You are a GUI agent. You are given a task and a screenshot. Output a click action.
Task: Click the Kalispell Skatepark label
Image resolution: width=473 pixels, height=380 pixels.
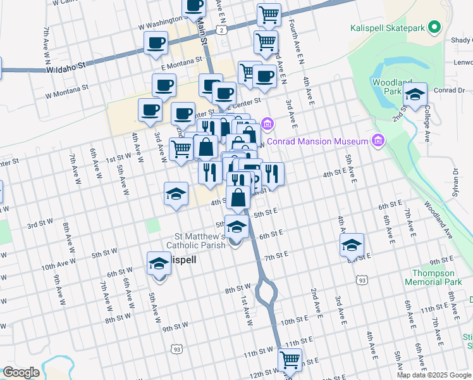tap(388, 28)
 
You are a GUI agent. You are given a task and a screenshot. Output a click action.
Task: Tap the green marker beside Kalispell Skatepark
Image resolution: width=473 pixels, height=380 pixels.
tap(434, 28)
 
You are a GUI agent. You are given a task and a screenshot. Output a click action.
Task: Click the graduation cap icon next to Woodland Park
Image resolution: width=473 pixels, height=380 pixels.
tap(415, 96)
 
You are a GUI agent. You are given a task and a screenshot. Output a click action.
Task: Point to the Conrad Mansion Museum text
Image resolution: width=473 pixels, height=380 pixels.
tap(317, 141)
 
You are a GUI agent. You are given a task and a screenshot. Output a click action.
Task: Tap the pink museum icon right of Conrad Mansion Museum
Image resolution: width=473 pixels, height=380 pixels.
tap(379, 140)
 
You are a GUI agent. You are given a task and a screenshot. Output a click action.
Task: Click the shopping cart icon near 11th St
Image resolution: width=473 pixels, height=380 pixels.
tap(290, 360)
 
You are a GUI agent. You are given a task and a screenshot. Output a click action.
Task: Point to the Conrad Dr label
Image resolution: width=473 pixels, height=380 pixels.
tap(450, 90)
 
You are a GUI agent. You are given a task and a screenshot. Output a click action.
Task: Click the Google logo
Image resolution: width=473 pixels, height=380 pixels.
tap(21, 372)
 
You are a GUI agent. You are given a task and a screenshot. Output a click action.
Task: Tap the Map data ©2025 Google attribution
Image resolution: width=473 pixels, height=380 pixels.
tap(433, 375)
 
